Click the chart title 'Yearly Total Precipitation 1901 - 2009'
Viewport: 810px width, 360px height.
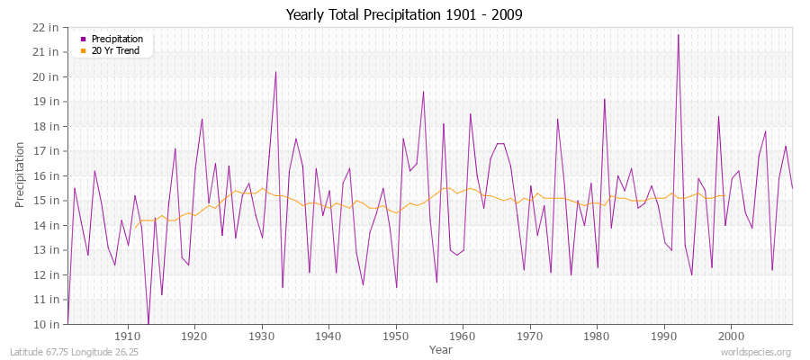[404, 14]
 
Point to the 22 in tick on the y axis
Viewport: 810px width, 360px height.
[46, 27]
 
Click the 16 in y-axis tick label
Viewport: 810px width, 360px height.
[46, 175]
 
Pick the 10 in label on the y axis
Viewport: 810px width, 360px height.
[46, 324]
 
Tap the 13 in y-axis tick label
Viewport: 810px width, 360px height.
[46, 250]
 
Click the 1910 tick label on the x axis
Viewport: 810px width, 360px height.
[128, 336]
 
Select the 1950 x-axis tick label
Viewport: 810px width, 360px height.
[396, 336]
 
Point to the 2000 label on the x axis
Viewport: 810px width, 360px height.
[731, 336]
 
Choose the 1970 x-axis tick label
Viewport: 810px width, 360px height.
[530, 336]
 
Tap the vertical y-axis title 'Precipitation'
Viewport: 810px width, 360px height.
[20, 174]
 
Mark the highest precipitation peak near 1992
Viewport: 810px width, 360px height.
[678, 35]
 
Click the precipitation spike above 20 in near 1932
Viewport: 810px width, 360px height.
[275, 72]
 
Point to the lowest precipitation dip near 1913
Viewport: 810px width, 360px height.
[148, 323]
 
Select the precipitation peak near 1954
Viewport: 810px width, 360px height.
[423, 92]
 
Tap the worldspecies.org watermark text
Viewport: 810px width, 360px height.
[755, 352]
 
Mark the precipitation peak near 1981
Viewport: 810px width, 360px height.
[604, 99]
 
